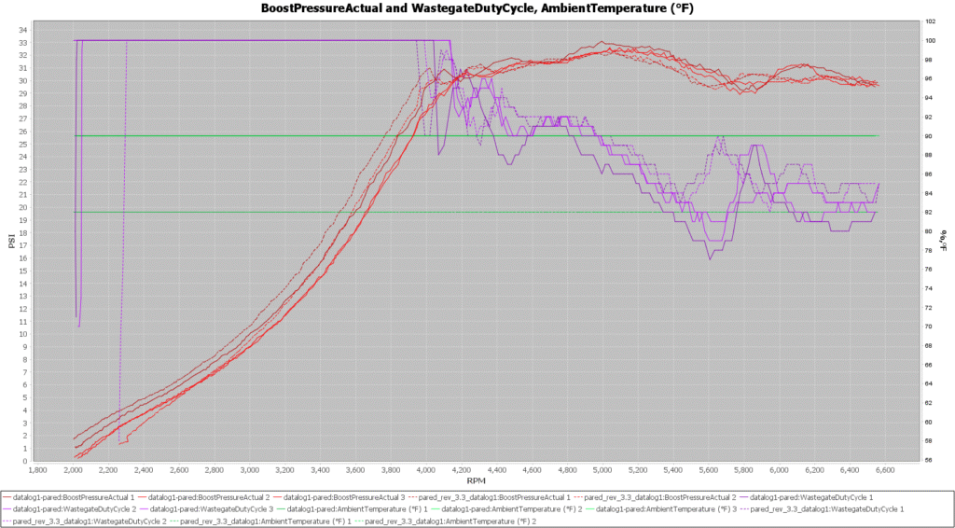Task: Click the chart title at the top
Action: tap(477, 8)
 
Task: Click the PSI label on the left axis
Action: tap(11, 241)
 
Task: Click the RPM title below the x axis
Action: tap(477, 480)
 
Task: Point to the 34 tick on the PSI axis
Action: tap(22, 30)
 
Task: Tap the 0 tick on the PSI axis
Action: tap(25, 461)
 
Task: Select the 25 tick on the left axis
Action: tap(22, 144)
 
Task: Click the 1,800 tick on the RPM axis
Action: tap(38, 470)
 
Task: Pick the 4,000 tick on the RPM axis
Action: tap(427, 470)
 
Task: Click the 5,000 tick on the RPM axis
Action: tap(603, 470)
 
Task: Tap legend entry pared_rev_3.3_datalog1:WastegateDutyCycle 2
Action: tap(76, 521)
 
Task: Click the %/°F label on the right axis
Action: tap(944, 241)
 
